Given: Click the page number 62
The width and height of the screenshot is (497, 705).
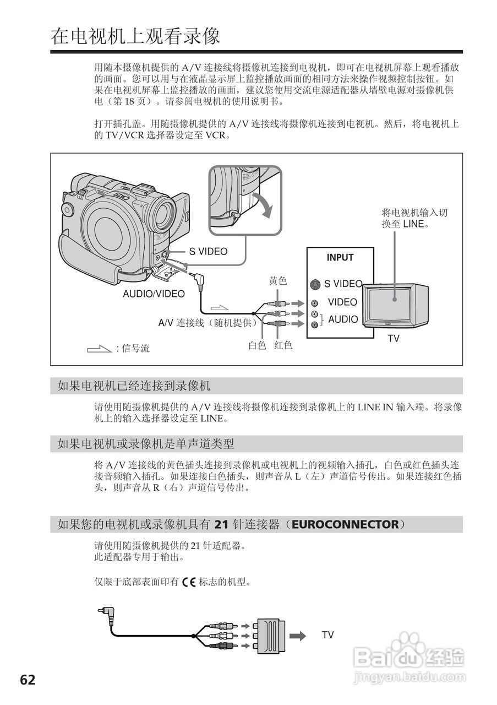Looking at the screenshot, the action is pyautogui.click(x=28, y=680).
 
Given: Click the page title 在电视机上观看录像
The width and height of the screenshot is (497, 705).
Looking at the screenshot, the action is pyautogui.click(x=135, y=36).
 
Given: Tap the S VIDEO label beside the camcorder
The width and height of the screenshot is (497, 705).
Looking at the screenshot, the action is pyautogui.click(x=208, y=251).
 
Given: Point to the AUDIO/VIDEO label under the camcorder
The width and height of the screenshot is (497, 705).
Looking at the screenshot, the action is pyautogui.click(x=154, y=294).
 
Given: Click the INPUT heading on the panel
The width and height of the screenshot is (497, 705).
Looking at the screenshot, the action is pyautogui.click(x=340, y=258).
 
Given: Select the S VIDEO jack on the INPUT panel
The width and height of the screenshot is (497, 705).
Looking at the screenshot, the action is pyautogui.click(x=314, y=284).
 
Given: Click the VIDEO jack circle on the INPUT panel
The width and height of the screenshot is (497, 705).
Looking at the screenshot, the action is pyautogui.click(x=314, y=303).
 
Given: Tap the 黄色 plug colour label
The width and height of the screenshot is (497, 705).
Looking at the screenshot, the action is pyautogui.click(x=278, y=281).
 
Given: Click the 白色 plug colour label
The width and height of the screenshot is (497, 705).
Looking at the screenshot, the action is pyautogui.click(x=257, y=345).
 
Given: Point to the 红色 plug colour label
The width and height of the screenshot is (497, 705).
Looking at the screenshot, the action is pyautogui.click(x=283, y=345).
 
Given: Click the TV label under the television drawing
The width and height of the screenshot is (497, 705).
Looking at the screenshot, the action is pyautogui.click(x=393, y=339).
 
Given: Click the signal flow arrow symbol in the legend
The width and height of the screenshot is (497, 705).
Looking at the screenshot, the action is pyautogui.click(x=99, y=348).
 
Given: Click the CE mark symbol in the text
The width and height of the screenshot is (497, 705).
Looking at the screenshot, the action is pyautogui.click(x=189, y=582).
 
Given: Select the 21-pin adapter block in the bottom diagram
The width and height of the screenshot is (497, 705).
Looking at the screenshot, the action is pyautogui.click(x=270, y=635).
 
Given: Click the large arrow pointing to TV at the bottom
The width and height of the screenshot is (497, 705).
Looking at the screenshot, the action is pyautogui.click(x=297, y=636).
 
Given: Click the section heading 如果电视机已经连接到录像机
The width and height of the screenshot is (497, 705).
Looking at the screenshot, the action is pyautogui.click(x=134, y=386).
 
